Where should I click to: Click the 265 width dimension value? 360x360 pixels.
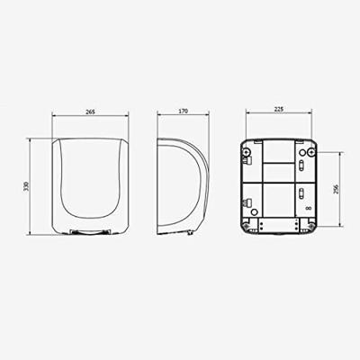coord(90,112)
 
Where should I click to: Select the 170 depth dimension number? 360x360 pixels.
coord(183,111)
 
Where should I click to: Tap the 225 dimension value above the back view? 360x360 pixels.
coord(279,110)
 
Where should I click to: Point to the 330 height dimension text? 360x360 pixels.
coord(26,186)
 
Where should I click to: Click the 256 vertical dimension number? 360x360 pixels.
coord(336,189)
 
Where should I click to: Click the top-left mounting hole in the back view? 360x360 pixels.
coord(247,152)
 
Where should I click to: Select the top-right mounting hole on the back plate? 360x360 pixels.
coord(311,152)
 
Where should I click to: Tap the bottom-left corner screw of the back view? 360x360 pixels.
coord(247,226)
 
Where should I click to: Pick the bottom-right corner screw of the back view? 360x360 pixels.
coord(311,226)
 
